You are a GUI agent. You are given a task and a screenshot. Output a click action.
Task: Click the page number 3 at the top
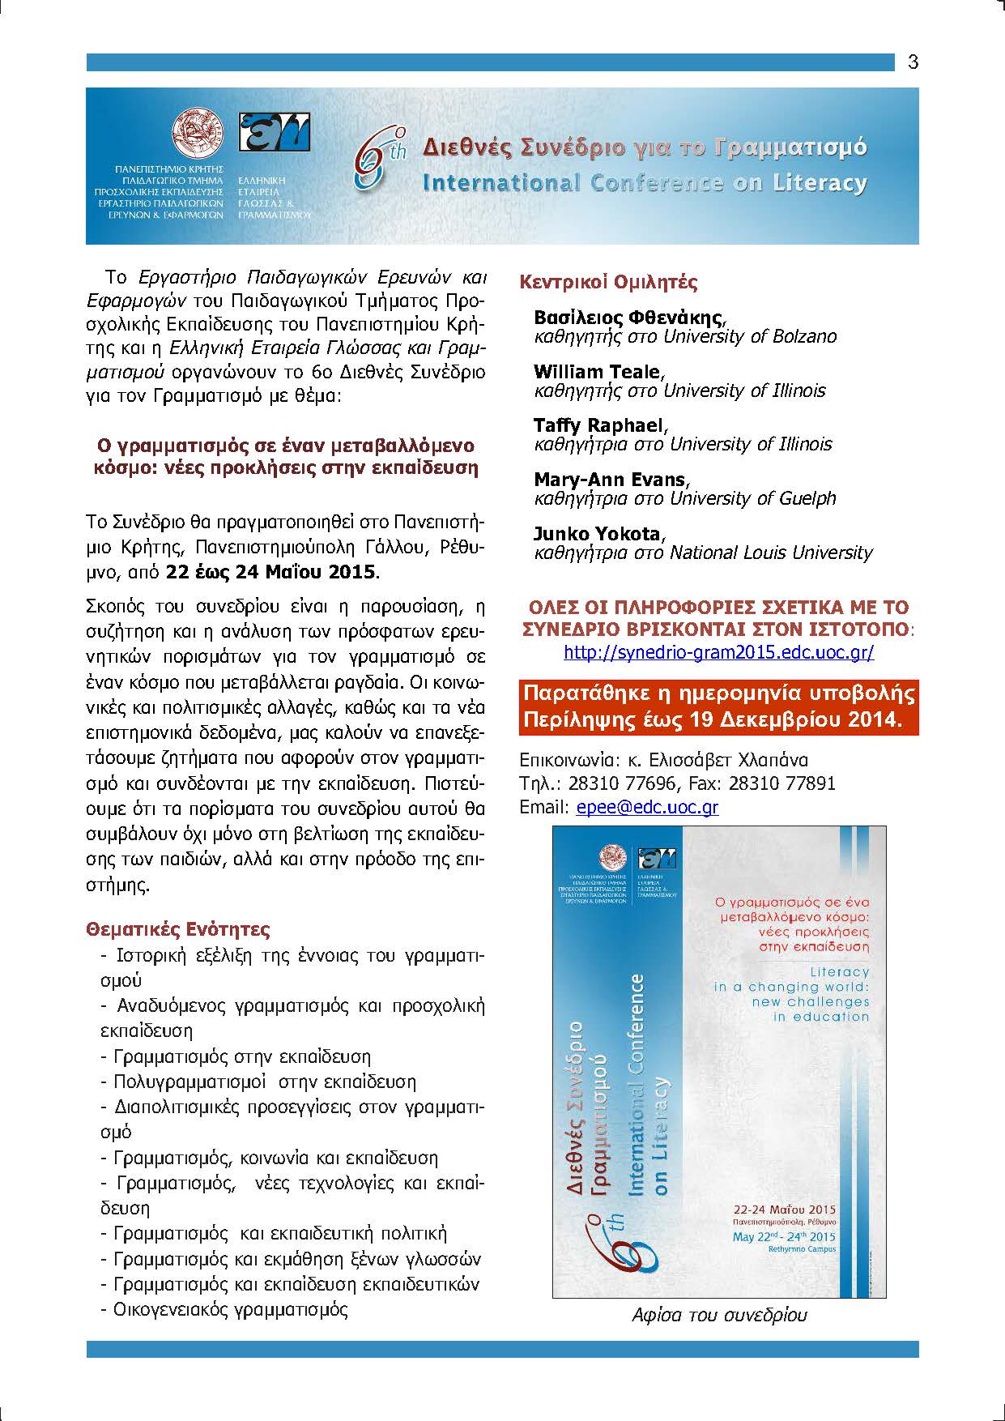tap(913, 62)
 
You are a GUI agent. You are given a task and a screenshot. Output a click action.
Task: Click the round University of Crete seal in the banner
tap(198, 130)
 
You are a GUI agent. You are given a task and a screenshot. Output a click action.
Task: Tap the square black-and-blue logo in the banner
tap(274, 131)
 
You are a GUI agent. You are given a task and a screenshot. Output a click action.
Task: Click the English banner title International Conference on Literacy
tap(644, 182)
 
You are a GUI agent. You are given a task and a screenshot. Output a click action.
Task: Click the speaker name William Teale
tap(598, 372)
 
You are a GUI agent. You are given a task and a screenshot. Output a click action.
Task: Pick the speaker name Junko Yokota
tap(598, 534)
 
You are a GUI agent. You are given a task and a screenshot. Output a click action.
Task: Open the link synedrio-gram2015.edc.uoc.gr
tap(718, 652)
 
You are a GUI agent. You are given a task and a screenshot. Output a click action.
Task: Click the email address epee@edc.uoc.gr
tap(647, 807)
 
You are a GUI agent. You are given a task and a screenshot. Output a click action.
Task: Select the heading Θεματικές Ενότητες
tap(178, 928)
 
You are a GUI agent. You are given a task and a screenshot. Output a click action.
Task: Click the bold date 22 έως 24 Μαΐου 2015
tap(271, 572)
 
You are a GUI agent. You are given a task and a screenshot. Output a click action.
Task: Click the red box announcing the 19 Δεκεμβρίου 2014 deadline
tap(718, 706)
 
